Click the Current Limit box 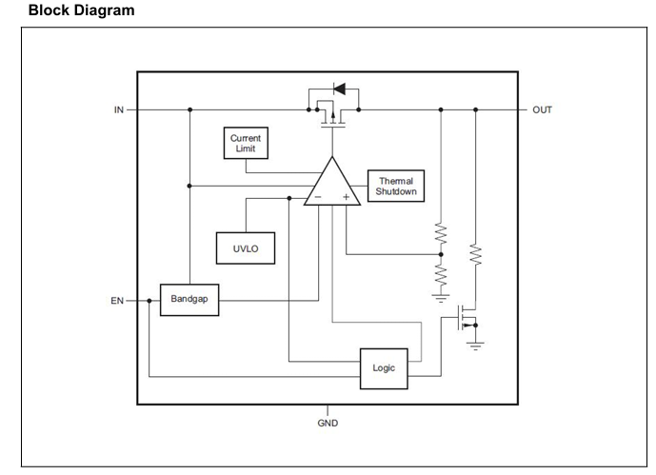(x=246, y=143)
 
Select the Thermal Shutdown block (x=396, y=186)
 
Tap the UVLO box (x=246, y=248)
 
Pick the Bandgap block (x=189, y=300)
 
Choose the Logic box (x=384, y=368)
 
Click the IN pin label (x=119, y=109)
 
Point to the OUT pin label (x=542, y=109)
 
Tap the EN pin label (x=117, y=301)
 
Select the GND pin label (x=328, y=424)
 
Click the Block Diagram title (x=82, y=10)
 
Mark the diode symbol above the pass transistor (x=339, y=89)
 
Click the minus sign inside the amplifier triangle (x=318, y=197)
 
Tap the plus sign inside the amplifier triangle (x=346, y=197)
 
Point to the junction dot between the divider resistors (x=441, y=254)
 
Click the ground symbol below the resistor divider (x=441, y=298)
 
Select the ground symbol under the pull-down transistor (x=475, y=346)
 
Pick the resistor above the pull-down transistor (x=475, y=254)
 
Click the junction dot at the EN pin (x=149, y=301)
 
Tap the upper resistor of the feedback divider (x=441, y=233)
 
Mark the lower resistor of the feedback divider (x=441, y=275)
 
